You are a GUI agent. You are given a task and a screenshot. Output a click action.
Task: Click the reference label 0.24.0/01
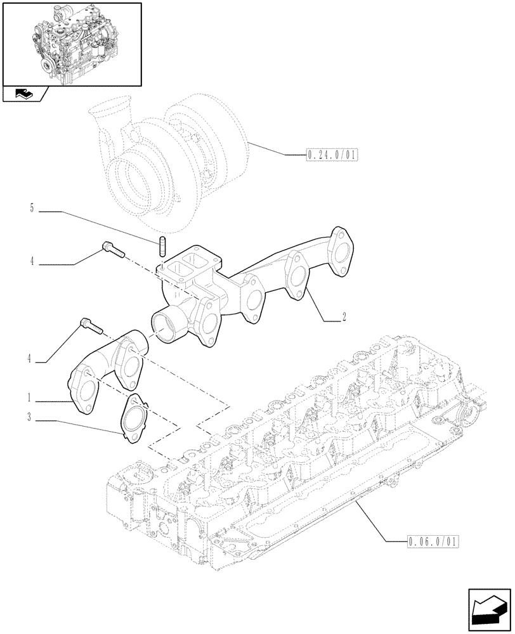[332, 154]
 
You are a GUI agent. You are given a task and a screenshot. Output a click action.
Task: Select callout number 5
[31, 208]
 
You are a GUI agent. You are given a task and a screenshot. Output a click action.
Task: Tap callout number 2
[343, 318]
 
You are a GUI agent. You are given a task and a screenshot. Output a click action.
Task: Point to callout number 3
[29, 418]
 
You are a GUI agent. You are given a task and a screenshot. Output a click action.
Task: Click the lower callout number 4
[29, 359]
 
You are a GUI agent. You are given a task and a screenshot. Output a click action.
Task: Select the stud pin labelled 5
[162, 245]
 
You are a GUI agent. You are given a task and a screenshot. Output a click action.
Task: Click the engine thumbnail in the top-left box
[71, 43]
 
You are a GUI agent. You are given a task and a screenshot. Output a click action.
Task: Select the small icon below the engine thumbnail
[24, 95]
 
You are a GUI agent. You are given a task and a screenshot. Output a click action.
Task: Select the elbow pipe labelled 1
[108, 368]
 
